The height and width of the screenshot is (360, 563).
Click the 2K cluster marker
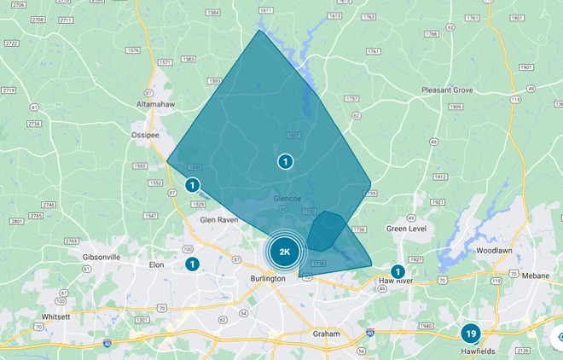[285, 252]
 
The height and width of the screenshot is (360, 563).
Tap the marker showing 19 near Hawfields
[470, 334]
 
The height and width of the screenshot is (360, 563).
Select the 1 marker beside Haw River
[397, 271]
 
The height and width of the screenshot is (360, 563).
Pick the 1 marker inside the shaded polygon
[285, 161]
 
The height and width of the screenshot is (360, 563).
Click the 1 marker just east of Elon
[192, 264]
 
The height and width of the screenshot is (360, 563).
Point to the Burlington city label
[268, 279]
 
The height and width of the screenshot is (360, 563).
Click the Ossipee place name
[145, 133]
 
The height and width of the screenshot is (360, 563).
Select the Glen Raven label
[218, 219]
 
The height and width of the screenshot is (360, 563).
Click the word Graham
[326, 333]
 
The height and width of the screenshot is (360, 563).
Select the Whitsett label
[55, 316]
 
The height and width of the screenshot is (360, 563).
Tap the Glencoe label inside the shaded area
[287, 199]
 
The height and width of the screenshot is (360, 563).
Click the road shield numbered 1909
[456, 107]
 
